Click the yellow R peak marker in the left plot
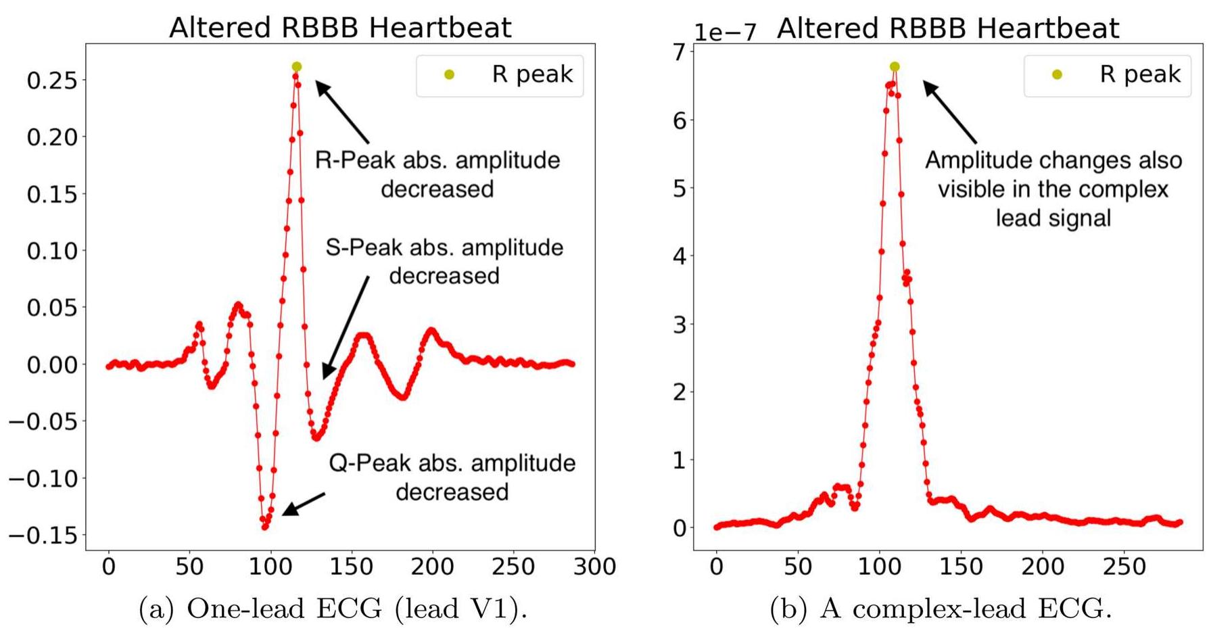pyautogui.click(x=296, y=67)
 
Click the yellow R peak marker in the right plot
pyautogui.click(x=895, y=67)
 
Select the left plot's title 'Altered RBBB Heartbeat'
pyautogui.click(x=340, y=28)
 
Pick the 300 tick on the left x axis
pyautogui.click(x=594, y=567)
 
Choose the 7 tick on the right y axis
pyautogui.click(x=679, y=52)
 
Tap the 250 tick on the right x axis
pyautogui.click(x=1124, y=567)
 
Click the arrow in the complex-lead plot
pyautogui.click(x=949, y=112)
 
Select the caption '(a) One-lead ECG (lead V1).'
pyautogui.click(x=333, y=609)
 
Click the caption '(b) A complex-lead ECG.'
pyautogui.click(x=941, y=609)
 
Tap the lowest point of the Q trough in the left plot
pyautogui.click(x=265, y=526)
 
